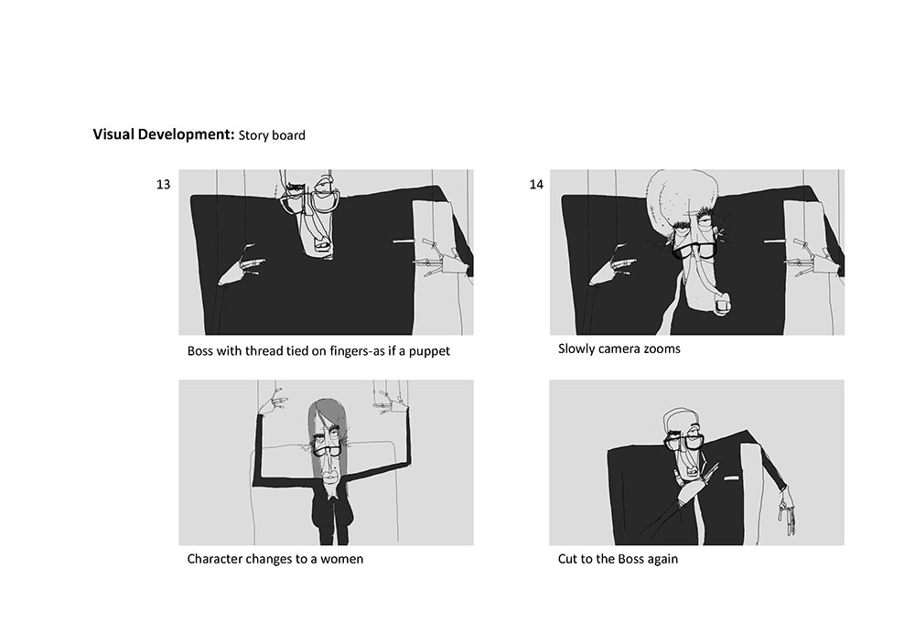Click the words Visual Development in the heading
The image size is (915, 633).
pos(164,134)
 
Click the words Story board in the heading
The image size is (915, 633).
pos(272,135)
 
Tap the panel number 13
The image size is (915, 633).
pos(163,185)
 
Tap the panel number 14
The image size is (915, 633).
pos(536,185)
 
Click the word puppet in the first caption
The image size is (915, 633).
pos(429,351)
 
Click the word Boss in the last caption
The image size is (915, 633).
pos(630,559)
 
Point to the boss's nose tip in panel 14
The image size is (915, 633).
pos(722,306)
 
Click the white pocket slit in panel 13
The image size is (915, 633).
pos(402,241)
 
